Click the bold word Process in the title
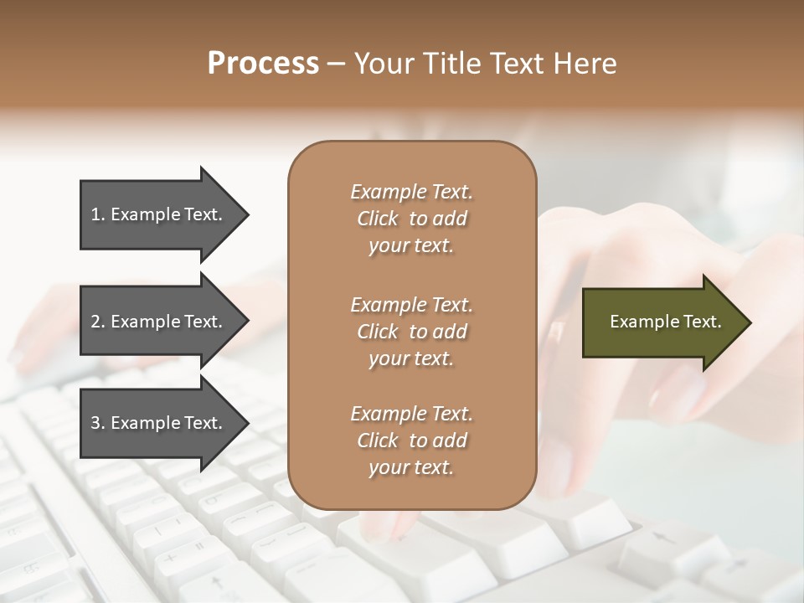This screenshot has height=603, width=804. coord(263,64)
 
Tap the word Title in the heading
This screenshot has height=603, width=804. coord(449,64)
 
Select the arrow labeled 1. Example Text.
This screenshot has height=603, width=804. coord(159,214)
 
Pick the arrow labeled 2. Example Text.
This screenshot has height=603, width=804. coord(159,322)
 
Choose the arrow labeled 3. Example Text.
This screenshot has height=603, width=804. coord(159,423)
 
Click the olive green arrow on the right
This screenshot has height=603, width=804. coord(662,322)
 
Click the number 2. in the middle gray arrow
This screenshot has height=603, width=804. coord(98,322)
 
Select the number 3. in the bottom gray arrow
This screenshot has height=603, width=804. coord(98,423)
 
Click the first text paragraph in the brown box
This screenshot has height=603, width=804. coord(411,219)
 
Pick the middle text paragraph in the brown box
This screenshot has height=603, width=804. coord(411,332)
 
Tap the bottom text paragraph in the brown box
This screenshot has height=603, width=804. coord(411,441)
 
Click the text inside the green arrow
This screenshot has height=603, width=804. coord(665,322)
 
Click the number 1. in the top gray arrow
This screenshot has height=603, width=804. coord(98,214)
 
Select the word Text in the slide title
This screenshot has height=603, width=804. coord(517,64)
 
